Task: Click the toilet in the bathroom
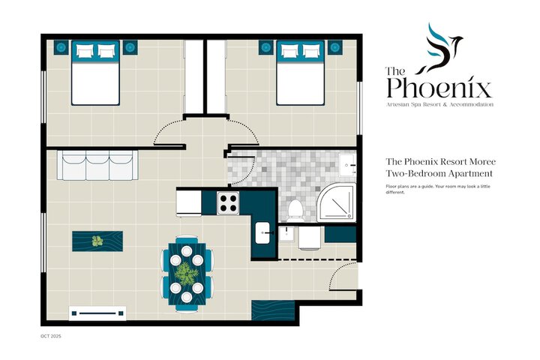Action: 295,210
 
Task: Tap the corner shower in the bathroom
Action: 336,202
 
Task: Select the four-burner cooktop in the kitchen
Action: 228,203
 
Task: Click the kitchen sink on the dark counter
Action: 262,233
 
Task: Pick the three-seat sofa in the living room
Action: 97,165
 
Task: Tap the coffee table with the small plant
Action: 97,241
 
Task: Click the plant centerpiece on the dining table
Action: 187,274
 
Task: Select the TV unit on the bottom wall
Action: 97,313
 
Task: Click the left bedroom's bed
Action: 95,73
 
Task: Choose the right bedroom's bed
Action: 300,73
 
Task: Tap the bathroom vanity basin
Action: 347,165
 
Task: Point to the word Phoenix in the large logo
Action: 439,88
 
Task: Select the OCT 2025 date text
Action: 51,336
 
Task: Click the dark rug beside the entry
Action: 273,310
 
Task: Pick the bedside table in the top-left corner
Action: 61,47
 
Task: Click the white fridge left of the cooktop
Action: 189,203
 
